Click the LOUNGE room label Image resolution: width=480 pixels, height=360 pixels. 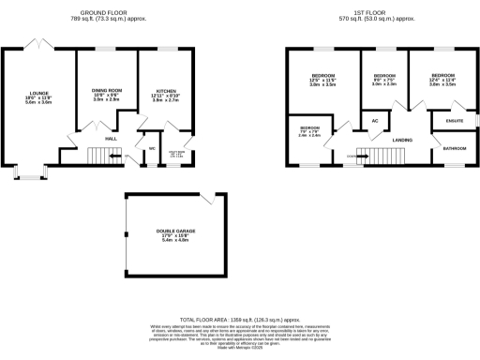click(38, 93)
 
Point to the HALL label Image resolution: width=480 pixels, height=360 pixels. click(111, 138)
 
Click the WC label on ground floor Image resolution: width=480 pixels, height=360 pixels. click(151, 146)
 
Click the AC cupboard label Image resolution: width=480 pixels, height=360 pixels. click(375, 121)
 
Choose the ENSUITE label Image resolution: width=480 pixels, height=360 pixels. click(453, 120)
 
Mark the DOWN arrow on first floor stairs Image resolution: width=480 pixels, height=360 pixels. click(353, 156)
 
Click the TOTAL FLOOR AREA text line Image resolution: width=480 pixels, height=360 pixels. click(239, 320)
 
